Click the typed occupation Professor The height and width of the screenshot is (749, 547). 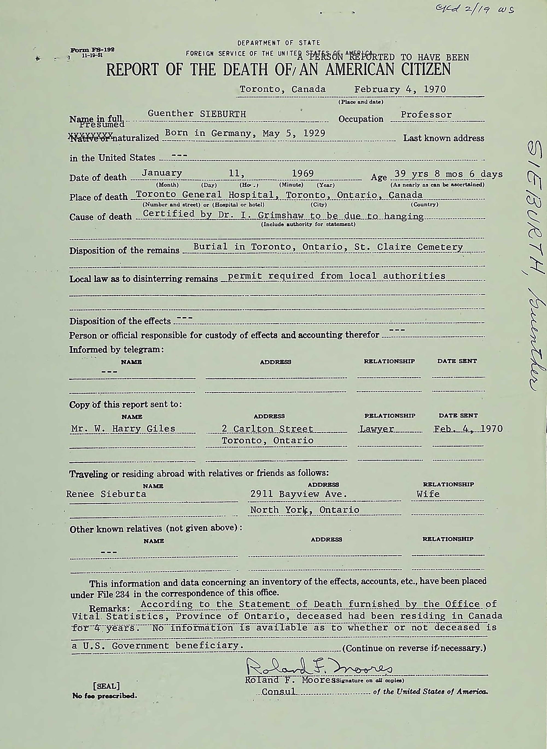pyautogui.click(x=426, y=115)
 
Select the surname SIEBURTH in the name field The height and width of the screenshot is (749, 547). pyautogui.click(x=223, y=114)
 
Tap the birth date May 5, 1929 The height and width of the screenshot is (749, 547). pyautogui.click(x=294, y=133)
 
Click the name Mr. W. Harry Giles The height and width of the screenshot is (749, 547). pyautogui.click(x=123, y=428)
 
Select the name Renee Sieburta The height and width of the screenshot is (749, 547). pyautogui.click(x=106, y=494)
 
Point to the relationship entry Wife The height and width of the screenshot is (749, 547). pyautogui.click(x=428, y=494)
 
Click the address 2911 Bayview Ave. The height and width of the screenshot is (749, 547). pyautogui.click(x=298, y=494)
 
